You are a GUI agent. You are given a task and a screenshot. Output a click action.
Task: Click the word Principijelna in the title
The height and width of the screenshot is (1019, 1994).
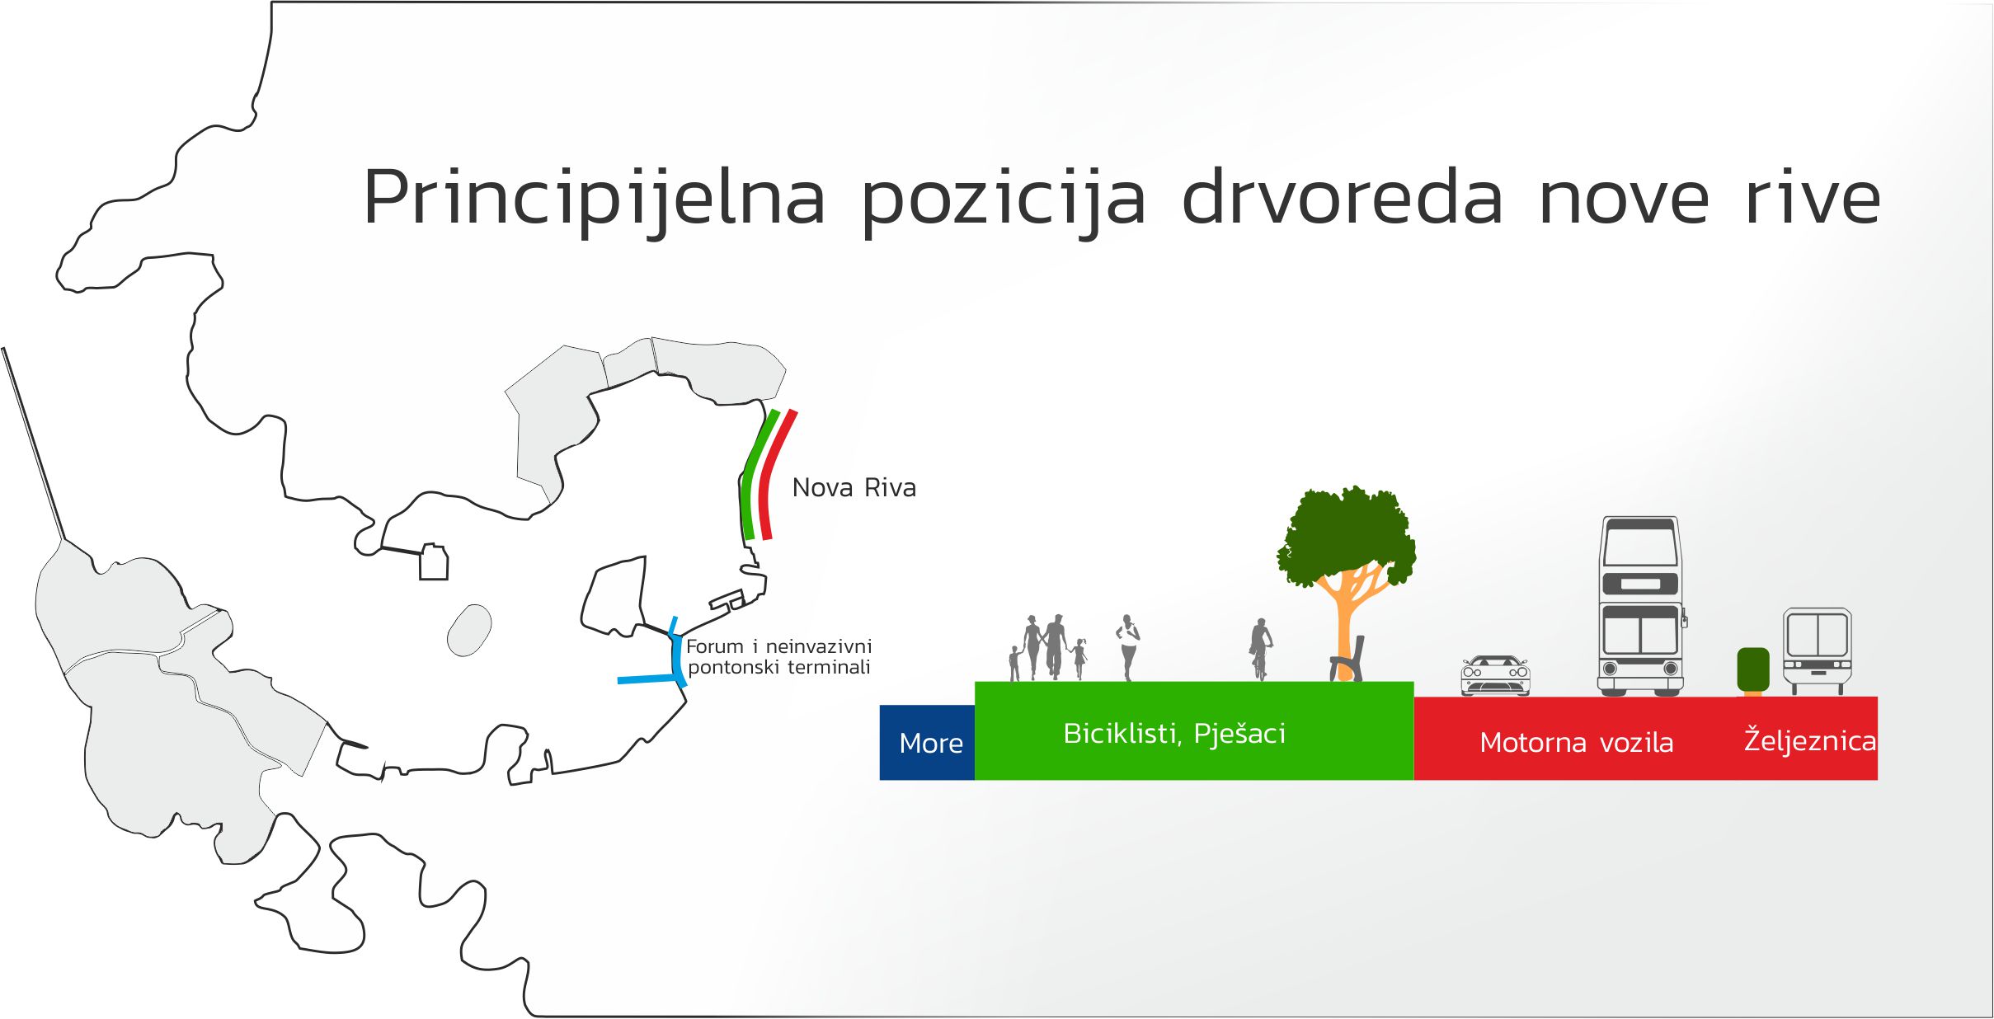click(x=594, y=198)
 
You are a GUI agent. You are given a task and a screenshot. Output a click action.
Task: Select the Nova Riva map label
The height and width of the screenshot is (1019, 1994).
click(x=854, y=488)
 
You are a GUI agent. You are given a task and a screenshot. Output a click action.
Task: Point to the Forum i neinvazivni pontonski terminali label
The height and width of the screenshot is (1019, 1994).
click(x=778, y=657)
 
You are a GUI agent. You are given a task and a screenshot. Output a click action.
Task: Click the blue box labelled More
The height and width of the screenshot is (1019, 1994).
click(x=927, y=742)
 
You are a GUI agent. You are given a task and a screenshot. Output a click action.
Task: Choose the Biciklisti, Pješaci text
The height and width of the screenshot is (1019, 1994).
click(x=1174, y=734)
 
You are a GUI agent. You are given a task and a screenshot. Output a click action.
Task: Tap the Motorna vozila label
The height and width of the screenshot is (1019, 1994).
click(x=1576, y=743)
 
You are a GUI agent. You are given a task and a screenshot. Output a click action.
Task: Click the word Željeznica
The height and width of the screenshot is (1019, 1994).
click(x=1810, y=740)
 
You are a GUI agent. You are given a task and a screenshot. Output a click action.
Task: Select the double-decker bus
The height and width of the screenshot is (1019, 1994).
click(x=1640, y=606)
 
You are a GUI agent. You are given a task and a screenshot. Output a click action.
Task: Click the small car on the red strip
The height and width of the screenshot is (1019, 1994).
click(x=1495, y=676)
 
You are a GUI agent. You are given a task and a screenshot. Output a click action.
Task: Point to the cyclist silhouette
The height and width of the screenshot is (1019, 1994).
click(x=1260, y=649)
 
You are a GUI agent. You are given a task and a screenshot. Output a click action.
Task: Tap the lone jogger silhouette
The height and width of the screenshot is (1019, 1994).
click(x=1127, y=647)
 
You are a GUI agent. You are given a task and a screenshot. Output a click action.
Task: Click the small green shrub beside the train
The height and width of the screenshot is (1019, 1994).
click(x=1753, y=669)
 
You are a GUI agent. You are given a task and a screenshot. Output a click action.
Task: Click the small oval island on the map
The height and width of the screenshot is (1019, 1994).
click(x=469, y=630)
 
